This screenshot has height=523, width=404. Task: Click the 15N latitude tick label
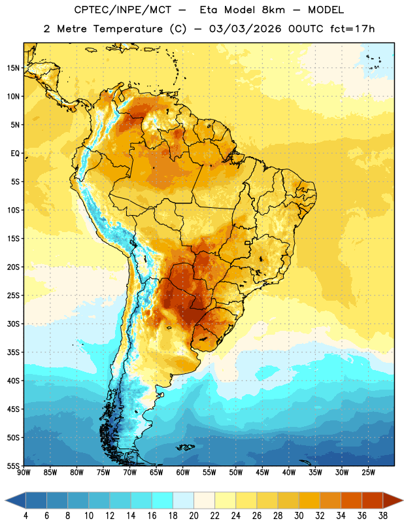coord(13,68)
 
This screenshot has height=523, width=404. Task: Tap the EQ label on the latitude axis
coord(15,154)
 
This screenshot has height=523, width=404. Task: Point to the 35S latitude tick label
coord(13,352)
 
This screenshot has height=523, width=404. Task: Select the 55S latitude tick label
coord(13,465)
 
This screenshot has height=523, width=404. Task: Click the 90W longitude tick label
coord(24,473)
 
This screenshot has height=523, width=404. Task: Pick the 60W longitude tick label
coord(183,473)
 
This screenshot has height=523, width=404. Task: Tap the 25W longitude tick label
coord(368,473)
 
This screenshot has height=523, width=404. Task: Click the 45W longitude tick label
coord(262,473)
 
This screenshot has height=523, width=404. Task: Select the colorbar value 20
coord(194,516)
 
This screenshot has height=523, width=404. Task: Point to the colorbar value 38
coord(383,516)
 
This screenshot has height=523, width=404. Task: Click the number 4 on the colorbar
coord(25,516)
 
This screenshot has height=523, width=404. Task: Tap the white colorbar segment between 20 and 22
coord(204,500)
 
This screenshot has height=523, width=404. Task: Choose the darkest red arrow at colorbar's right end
coord(392,500)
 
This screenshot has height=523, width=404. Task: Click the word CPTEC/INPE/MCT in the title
coord(122,10)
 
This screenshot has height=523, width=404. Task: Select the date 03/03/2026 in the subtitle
coord(245,29)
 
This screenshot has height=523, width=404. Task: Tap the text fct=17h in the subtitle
coord(352,29)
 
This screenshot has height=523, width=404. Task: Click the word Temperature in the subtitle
coord(128,29)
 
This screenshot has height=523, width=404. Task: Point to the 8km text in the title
coord(273,10)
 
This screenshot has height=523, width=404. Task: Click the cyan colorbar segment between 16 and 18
coord(162,500)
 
